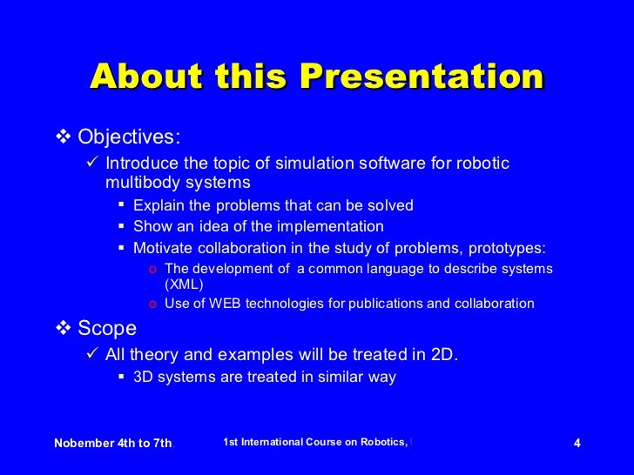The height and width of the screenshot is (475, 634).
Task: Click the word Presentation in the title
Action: [422, 77]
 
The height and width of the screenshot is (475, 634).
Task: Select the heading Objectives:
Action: [130, 137]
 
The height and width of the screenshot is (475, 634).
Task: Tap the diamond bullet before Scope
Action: [62, 328]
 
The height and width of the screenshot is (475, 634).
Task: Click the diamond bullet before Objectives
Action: [62, 137]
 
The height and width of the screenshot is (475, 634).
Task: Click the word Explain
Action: [158, 205]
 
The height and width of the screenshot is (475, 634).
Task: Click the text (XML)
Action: [184, 284]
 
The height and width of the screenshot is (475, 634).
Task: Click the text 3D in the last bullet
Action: [144, 377]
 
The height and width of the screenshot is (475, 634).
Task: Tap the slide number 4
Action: [577, 443]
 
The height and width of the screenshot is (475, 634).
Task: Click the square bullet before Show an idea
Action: [122, 226]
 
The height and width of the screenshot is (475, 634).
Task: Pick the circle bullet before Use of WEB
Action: [152, 304]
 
